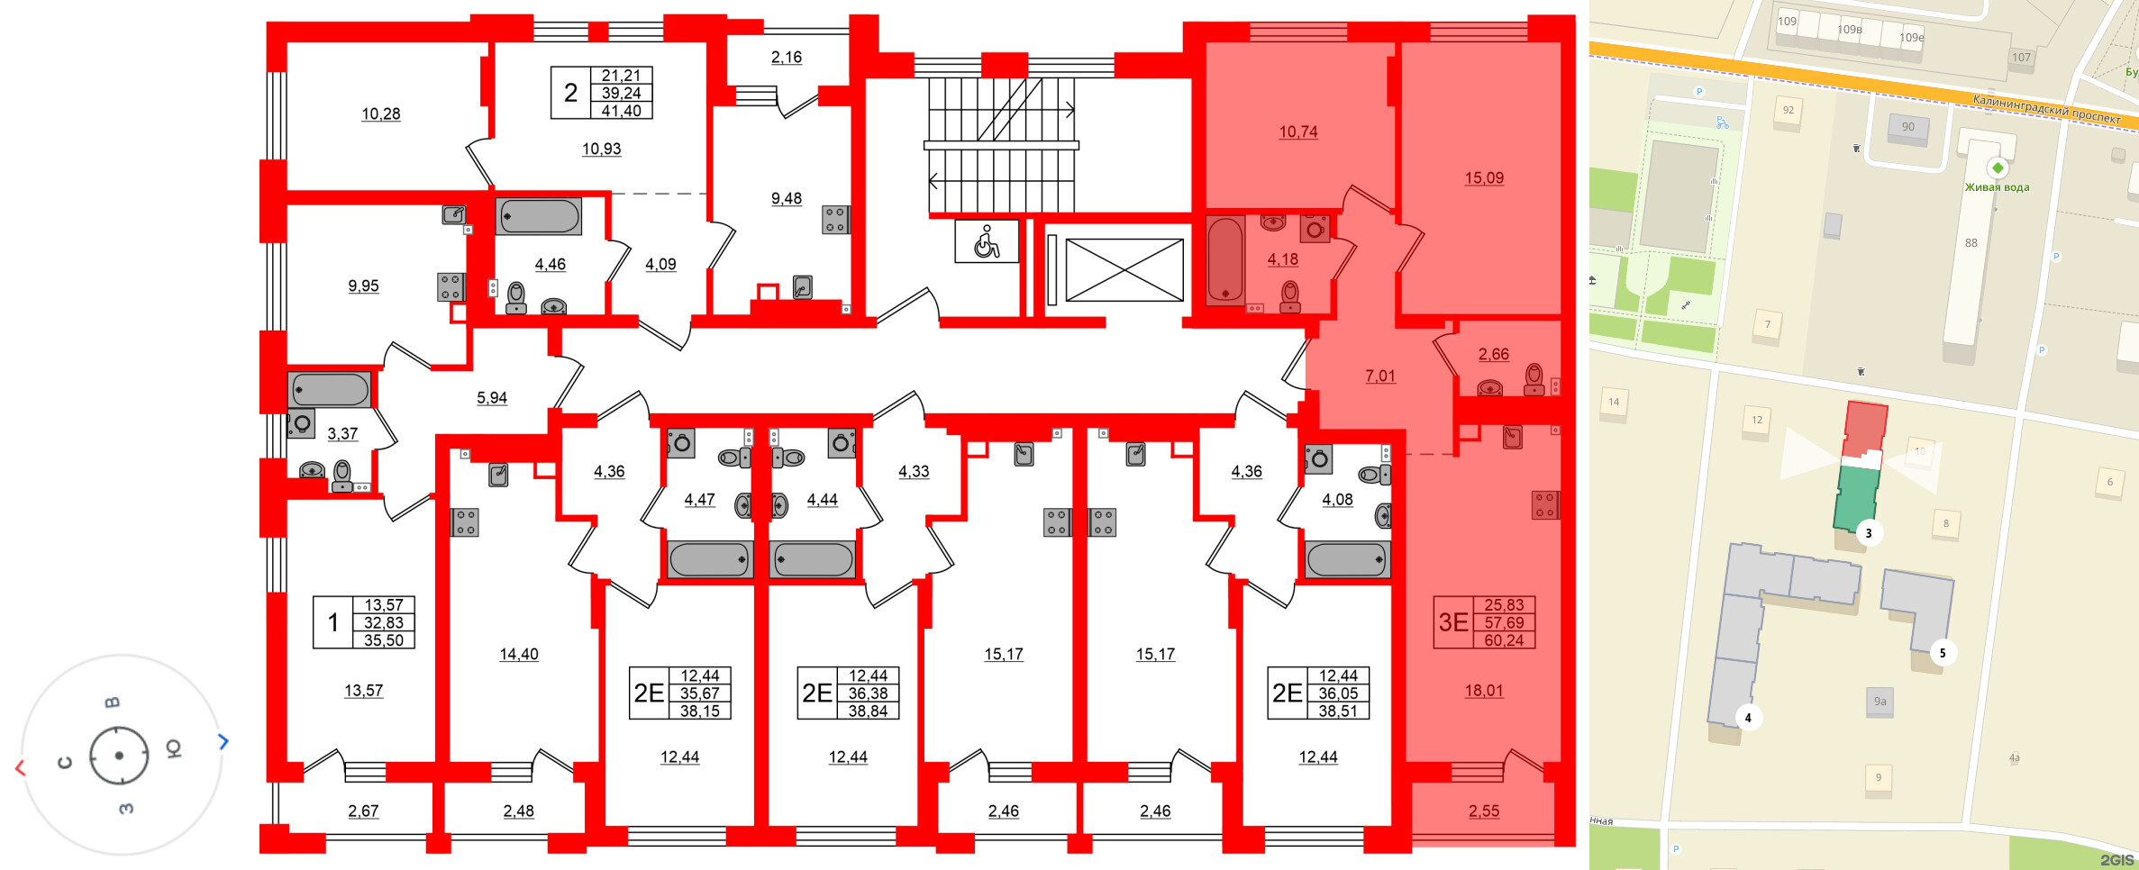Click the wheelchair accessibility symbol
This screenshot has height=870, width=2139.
click(987, 241)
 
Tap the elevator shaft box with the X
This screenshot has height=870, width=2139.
click(1124, 269)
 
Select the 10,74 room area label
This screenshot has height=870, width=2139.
click(1297, 131)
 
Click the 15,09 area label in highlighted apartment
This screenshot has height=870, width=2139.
click(1483, 178)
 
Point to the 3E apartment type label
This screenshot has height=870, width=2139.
click(1452, 622)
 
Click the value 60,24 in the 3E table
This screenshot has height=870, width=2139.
click(1504, 640)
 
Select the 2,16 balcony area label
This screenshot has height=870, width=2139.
click(786, 57)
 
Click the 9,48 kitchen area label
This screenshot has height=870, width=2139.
click(786, 198)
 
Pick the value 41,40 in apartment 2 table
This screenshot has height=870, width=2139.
click(621, 111)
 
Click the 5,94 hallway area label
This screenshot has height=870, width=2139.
click(491, 397)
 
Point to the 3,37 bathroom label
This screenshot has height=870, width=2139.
click(342, 433)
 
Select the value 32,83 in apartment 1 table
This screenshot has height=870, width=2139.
click(383, 622)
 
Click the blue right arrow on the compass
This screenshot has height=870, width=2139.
click(223, 741)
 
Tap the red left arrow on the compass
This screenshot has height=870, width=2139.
click(20, 767)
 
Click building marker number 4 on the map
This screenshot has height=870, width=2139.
click(1747, 718)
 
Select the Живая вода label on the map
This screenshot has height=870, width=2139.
click(1997, 187)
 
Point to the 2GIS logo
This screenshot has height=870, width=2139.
click(2116, 860)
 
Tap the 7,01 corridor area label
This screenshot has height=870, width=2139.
click(1379, 376)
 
